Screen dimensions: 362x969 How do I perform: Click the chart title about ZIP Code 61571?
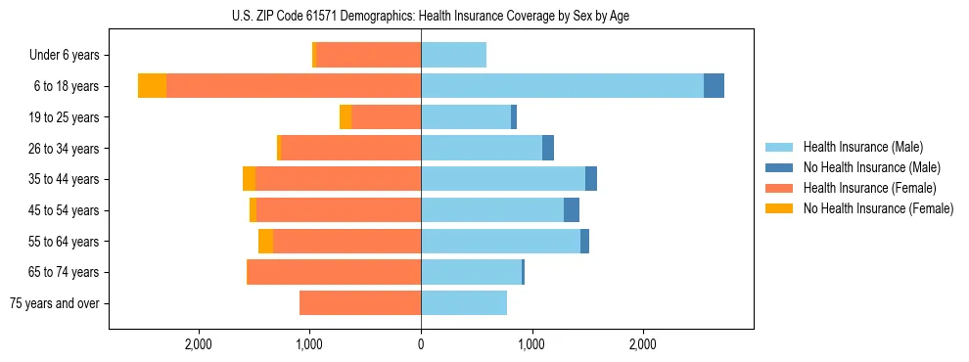[x=421, y=16]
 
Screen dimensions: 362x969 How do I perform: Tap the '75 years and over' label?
[x=55, y=303]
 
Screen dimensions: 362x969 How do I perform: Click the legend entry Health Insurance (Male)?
[x=862, y=147]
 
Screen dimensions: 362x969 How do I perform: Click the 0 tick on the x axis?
[x=421, y=344]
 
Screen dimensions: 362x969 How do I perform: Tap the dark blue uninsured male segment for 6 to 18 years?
[x=714, y=86]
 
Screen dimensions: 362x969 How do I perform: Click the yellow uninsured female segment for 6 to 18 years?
[x=152, y=86]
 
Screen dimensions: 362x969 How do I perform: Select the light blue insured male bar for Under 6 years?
[x=453, y=56]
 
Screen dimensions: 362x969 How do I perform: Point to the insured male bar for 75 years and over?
[x=464, y=303]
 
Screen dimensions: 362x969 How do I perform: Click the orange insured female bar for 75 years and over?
[x=360, y=303]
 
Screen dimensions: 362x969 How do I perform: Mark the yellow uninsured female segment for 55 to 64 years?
[x=265, y=242]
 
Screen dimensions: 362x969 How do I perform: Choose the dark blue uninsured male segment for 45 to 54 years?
[x=572, y=210]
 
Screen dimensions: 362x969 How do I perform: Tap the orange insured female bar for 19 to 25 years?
[x=386, y=117]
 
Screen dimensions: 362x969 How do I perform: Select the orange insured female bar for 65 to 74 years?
[x=334, y=272]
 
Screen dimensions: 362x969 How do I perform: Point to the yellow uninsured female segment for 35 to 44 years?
[x=249, y=179]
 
